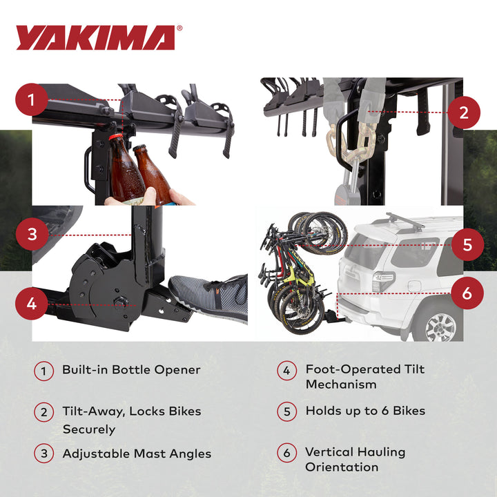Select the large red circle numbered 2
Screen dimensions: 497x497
(x=464, y=111)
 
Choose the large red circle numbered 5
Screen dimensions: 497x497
(x=467, y=244)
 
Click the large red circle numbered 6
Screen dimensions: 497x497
(x=467, y=293)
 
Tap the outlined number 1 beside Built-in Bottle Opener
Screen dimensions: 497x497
(x=43, y=371)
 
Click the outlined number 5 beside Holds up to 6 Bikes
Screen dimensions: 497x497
(x=287, y=412)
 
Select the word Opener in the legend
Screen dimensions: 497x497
(x=178, y=370)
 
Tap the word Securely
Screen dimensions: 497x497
(x=89, y=429)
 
